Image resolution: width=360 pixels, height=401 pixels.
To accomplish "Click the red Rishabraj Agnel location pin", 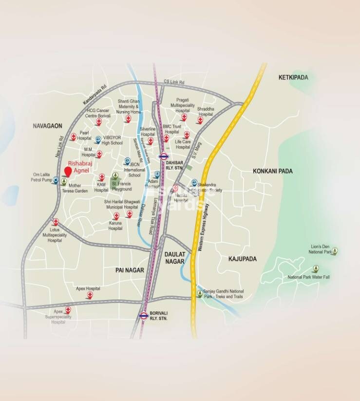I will pyautogui.click(x=68, y=171).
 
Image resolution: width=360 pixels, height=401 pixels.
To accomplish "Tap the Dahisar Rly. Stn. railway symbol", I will pyautogui.click(x=164, y=156).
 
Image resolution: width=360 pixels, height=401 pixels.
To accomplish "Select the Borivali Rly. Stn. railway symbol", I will pyautogui.click(x=144, y=315).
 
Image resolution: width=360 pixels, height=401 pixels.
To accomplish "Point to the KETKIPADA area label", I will pyautogui.click(x=297, y=77).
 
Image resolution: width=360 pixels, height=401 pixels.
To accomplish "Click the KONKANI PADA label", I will pyautogui.click(x=272, y=171).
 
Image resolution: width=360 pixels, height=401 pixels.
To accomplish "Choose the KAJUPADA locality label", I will pyautogui.click(x=242, y=259).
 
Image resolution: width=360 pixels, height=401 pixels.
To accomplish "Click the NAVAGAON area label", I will pyautogui.click(x=48, y=126).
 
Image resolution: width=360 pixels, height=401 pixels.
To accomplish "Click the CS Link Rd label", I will pyautogui.click(x=174, y=82).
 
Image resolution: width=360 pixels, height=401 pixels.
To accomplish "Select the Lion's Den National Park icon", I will pyautogui.click(x=335, y=251).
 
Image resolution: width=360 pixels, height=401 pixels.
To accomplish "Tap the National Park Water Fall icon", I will pyautogui.click(x=316, y=268).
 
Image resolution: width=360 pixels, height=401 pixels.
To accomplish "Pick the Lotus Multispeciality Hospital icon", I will pyautogui.click(x=56, y=221).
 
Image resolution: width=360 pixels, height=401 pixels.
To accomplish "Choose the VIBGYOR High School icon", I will pyautogui.click(x=98, y=140).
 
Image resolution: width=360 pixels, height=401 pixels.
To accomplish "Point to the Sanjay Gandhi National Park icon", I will pyautogui.click(x=199, y=293).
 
